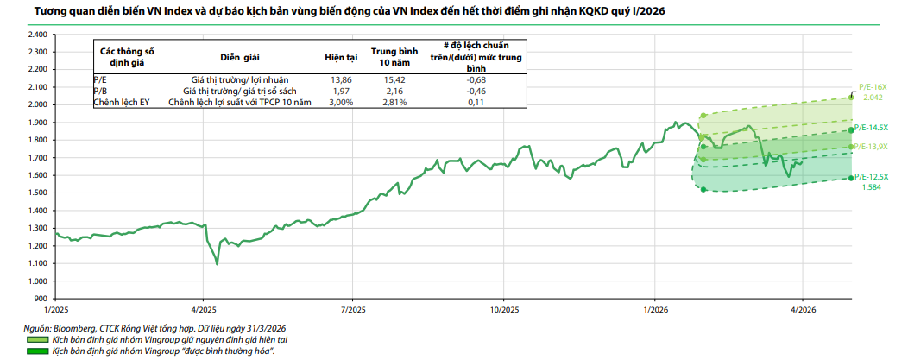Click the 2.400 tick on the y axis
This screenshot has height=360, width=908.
click(37, 35)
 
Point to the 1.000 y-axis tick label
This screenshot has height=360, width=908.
click(37, 281)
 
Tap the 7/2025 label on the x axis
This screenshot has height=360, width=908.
click(353, 310)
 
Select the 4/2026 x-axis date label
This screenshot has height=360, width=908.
click(803, 310)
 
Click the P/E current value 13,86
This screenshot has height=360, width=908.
click(341, 79)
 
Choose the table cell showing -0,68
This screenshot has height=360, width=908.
click(476, 79)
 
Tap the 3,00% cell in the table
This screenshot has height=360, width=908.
click(341, 103)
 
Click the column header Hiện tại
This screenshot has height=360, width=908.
click(341, 57)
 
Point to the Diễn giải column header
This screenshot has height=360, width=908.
click(240, 57)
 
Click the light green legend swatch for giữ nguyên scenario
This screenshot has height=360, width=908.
click(37, 339)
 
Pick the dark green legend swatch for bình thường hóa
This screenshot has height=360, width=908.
click(37, 351)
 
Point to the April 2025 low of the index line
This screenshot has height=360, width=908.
click(217, 264)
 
